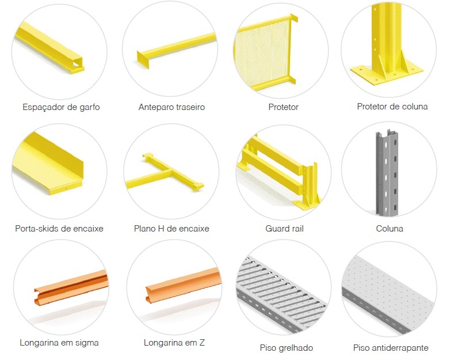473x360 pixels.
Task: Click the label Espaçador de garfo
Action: point(61,107)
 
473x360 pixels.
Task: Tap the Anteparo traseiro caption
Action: point(171,107)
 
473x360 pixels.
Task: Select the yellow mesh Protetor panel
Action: point(265,53)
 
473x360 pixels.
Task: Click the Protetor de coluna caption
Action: point(392,107)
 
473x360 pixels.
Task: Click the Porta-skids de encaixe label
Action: point(59,228)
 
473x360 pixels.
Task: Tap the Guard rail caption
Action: point(284,229)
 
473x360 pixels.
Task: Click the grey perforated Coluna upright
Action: point(387,173)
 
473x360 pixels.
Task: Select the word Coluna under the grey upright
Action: point(390,228)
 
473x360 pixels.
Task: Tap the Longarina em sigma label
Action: point(59,343)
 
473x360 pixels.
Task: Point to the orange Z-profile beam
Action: point(184,285)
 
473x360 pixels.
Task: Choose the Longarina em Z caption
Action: point(174,343)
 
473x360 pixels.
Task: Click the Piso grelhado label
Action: point(286,348)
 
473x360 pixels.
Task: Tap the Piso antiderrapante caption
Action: point(391,348)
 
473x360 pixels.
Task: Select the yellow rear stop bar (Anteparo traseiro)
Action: point(177,50)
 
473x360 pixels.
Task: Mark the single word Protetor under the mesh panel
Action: point(283,107)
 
